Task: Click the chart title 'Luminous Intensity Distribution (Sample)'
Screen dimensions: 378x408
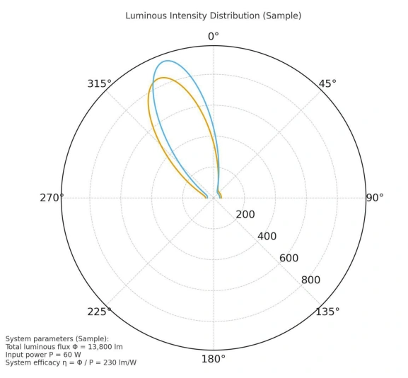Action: click(213, 16)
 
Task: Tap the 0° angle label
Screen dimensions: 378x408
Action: click(213, 37)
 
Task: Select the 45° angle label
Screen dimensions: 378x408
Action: click(327, 83)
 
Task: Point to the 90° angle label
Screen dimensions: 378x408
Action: click(375, 198)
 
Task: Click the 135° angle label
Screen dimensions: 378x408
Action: click(327, 312)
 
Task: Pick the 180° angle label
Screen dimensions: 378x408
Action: click(213, 359)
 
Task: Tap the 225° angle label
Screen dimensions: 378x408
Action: click(99, 312)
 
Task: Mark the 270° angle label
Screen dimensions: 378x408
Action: click(52, 198)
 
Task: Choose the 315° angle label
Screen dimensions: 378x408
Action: click(99, 83)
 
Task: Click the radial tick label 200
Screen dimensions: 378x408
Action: click(245, 215)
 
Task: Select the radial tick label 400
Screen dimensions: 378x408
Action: click(267, 237)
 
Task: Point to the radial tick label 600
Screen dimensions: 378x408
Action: click(288, 259)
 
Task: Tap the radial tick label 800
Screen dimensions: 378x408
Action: click(310, 280)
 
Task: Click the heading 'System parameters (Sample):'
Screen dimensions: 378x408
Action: click(57, 339)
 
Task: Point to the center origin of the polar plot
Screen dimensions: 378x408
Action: click(213, 198)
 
